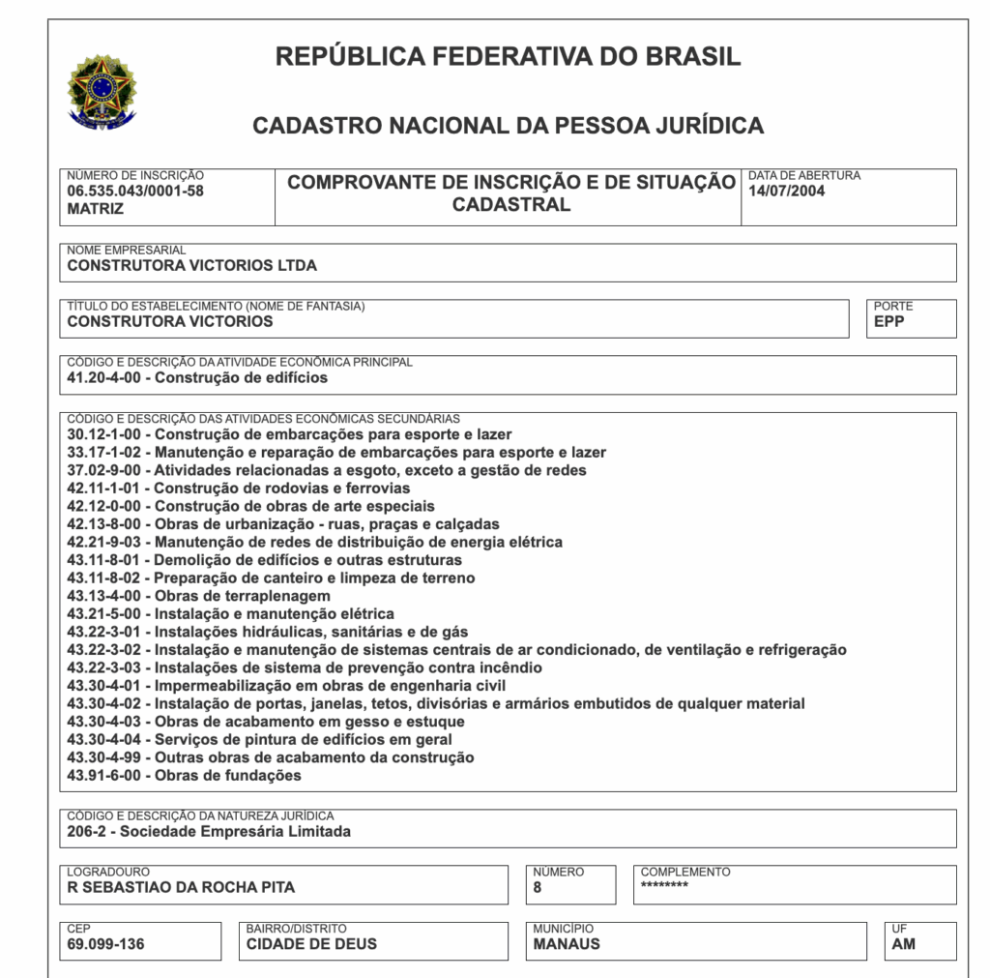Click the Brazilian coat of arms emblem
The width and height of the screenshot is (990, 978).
point(102,92)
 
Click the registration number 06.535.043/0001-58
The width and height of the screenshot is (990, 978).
point(135,192)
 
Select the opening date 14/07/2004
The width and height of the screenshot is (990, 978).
point(787,192)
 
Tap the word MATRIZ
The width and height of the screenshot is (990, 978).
point(95,209)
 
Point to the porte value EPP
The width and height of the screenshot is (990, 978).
point(888,322)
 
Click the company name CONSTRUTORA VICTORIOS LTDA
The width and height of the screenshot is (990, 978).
point(191,266)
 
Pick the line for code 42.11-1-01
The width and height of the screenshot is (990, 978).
point(238,489)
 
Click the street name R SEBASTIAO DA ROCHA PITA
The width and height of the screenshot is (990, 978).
point(181,887)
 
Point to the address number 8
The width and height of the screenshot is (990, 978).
point(538,887)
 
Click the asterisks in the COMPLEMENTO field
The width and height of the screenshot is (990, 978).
point(664,885)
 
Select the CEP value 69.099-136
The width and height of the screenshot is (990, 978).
point(105,944)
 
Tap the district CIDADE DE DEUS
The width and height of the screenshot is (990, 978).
point(311,944)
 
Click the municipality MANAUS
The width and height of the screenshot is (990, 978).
point(567,944)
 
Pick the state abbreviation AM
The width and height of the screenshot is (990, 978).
point(903,944)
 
